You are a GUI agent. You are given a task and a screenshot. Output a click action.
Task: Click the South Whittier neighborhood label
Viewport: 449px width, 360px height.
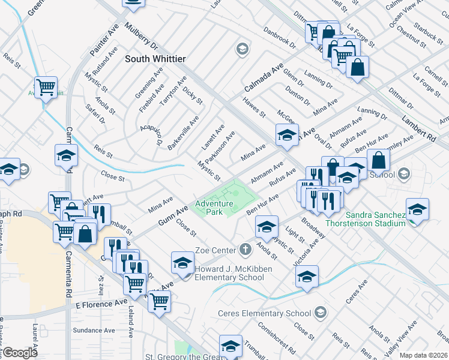pyautogui.click(x=155, y=59)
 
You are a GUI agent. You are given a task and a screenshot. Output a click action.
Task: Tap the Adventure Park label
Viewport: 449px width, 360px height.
pyautogui.click(x=214, y=208)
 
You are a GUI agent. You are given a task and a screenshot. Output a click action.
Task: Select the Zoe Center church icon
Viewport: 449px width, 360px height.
pyautogui.click(x=244, y=249)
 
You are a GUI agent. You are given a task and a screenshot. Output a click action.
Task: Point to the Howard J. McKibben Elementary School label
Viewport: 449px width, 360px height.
pyautogui.click(x=229, y=273)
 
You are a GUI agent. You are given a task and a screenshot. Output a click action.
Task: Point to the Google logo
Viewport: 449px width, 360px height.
pyautogui.click(x=19, y=353)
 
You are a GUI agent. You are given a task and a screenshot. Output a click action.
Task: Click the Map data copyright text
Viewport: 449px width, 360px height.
pyautogui.click(x=423, y=355)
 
